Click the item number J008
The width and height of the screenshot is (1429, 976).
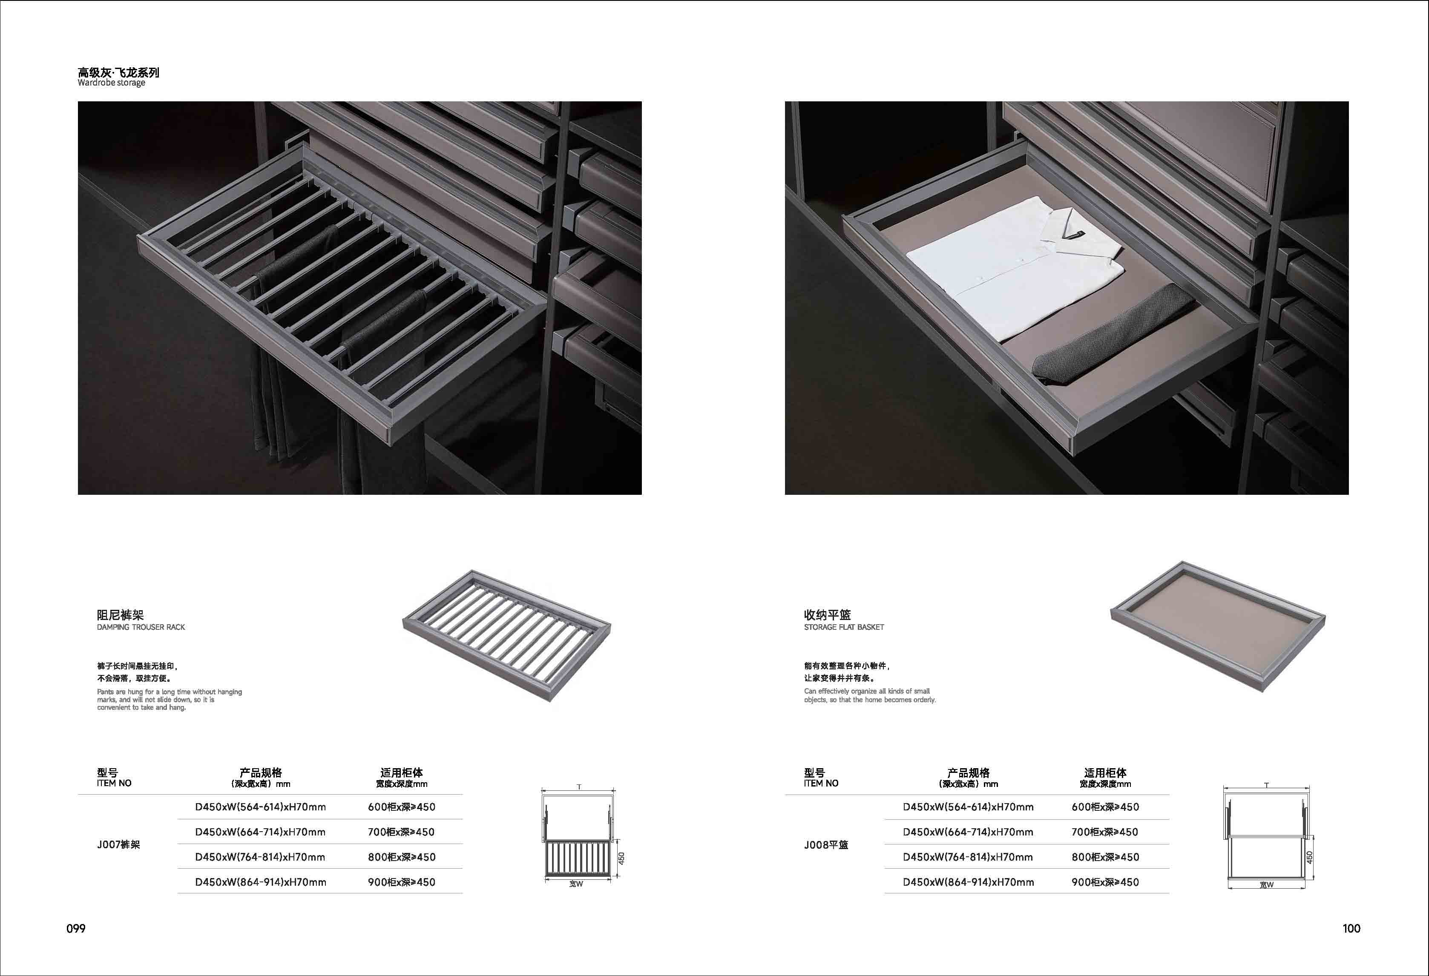[826, 844]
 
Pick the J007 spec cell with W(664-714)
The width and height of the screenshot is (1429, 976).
[260, 832]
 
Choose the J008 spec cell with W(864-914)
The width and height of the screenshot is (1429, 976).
[968, 882]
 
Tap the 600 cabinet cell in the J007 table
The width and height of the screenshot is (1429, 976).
[402, 807]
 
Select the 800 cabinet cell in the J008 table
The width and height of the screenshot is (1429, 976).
[1105, 857]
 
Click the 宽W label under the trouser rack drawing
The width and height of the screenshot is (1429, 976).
[576, 884]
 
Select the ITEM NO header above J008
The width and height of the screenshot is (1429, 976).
[821, 783]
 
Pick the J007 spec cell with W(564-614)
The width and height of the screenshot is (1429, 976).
[260, 807]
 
